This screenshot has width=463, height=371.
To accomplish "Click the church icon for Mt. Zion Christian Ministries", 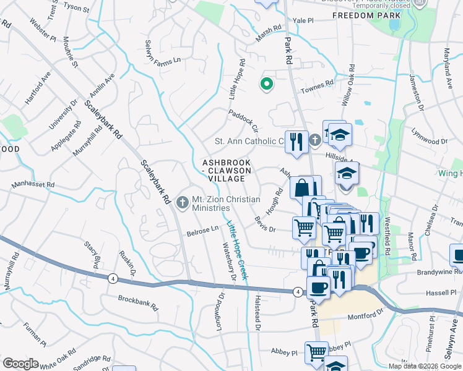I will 183,202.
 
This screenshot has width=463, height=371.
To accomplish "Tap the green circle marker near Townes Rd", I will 267,84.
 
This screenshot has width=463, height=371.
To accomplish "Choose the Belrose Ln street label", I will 203,232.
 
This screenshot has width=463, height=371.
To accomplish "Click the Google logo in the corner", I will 20,364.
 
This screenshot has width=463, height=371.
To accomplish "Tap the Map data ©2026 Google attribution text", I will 425,366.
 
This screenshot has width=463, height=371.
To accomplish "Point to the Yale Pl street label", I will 303,20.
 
